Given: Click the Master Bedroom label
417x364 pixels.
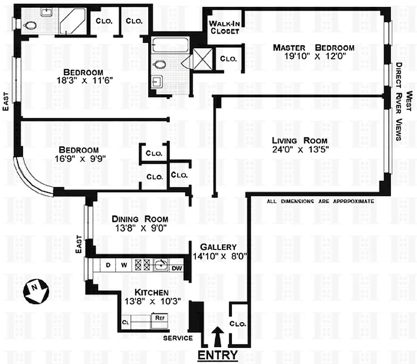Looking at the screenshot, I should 313,47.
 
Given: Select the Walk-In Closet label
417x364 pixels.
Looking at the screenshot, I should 223,27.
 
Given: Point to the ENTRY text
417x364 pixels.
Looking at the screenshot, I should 217,355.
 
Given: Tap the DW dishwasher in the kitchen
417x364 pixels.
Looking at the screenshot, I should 177,268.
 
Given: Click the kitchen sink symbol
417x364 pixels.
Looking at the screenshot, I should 160,265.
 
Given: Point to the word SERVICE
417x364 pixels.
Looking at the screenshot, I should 178,338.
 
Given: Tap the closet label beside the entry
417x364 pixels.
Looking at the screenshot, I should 238,324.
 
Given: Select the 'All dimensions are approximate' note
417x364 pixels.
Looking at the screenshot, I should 320,201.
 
